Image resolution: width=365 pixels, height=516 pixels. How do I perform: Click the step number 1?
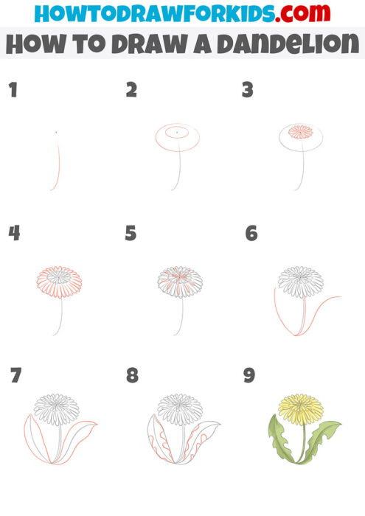[x=13, y=91]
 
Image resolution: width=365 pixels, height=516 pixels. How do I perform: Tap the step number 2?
[x=131, y=91]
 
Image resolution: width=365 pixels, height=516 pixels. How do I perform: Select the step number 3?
[x=248, y=91]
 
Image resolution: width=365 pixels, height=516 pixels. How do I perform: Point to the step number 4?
[x=14, y=234]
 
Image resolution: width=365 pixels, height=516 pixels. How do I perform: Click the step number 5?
[x=131, y=234]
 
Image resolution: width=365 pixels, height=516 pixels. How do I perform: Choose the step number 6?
[x=251, y=234]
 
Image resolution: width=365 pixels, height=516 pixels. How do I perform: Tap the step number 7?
[x=15, y=375]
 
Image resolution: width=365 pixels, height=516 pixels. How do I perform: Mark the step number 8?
[x=132, y=375]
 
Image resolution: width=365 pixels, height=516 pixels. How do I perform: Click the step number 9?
[x=249, y=375]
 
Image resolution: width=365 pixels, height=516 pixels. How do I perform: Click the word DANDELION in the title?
[x=285, y=44]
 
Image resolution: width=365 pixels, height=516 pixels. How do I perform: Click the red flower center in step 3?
[x=299, y=132]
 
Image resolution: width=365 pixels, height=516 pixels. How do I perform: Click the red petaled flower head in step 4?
[x=59, y=281]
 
